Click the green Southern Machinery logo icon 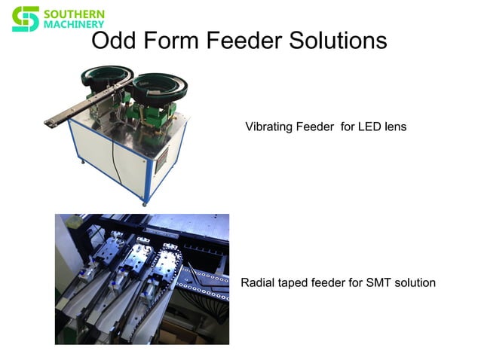(x=25, y=19)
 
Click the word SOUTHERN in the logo (x=75, y=14)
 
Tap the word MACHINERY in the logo (x=75, y=25)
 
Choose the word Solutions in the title (x=337, y=41)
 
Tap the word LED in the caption (x=369, y=127)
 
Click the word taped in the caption (x=295, y=283)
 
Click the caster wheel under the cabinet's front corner (x=146, y=202)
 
